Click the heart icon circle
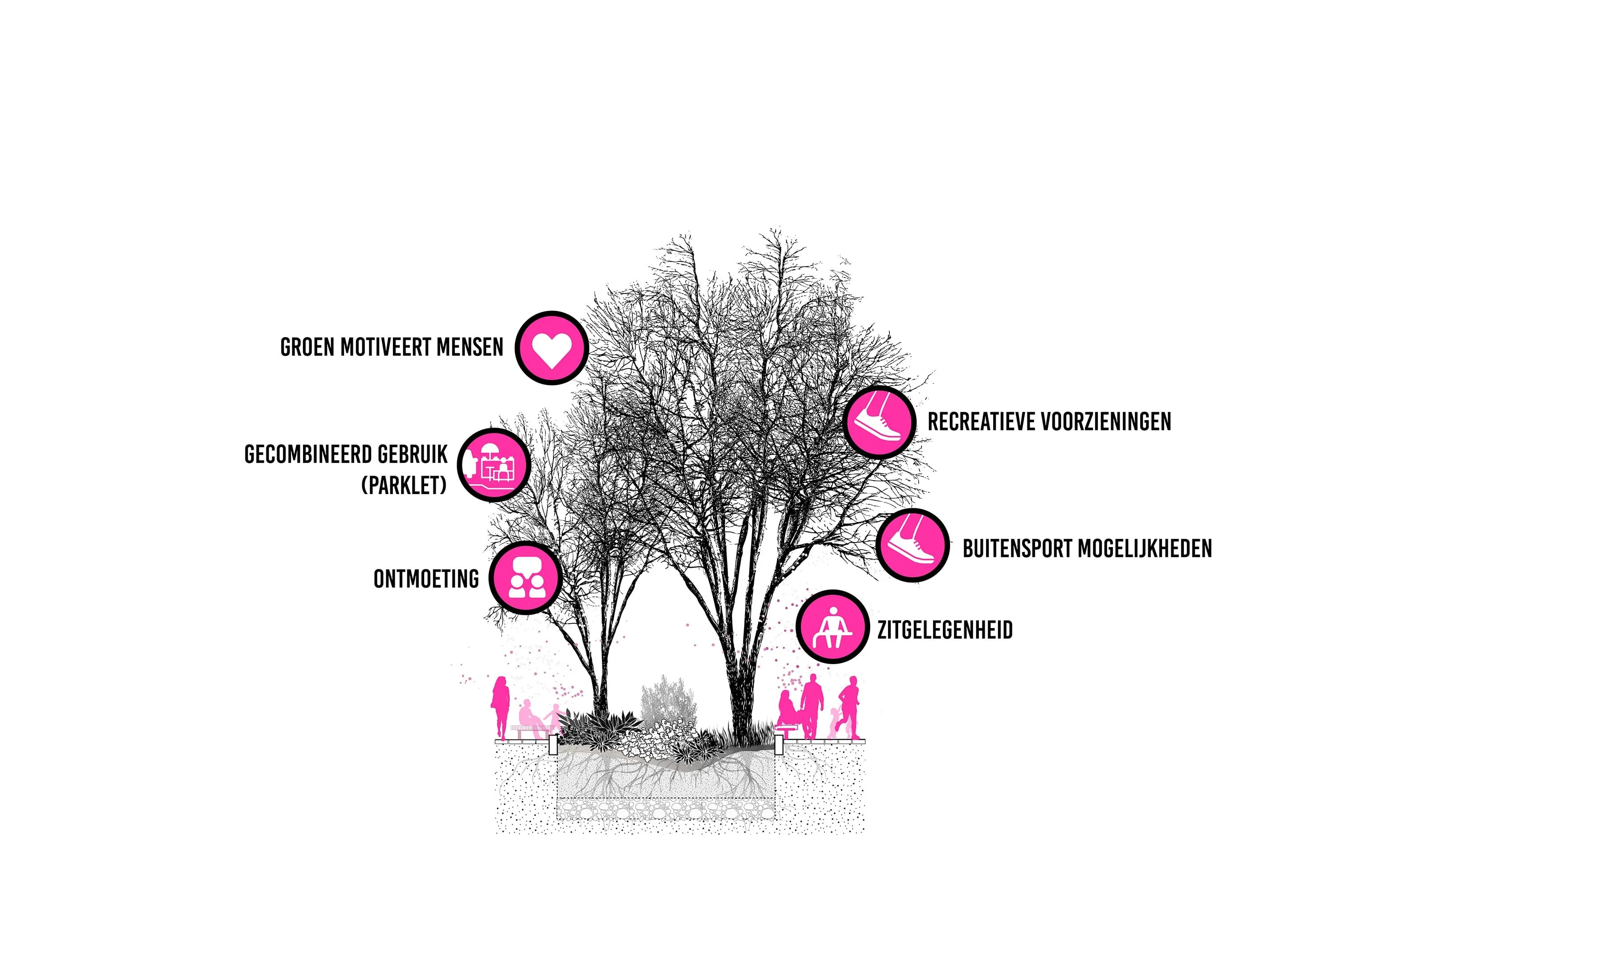point(552,348)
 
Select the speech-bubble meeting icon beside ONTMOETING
point(525,578)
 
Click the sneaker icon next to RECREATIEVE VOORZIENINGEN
point(880,422)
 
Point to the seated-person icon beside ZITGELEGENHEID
point(833,627)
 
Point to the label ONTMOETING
point(426,579)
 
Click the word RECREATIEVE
point(980,422)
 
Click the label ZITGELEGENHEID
point(945,630)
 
